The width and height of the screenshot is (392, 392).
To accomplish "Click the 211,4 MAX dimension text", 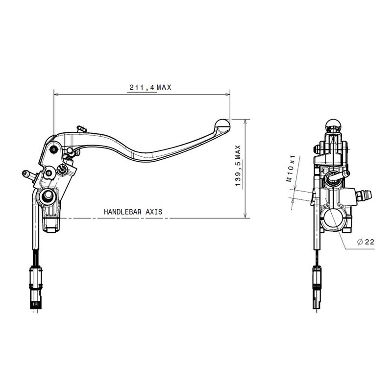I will pos(149,88).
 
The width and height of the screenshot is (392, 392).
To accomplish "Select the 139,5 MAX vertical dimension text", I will pos(238,165).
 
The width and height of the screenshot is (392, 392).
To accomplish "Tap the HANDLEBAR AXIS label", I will pos(133,213).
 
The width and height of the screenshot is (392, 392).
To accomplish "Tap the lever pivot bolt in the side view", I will pos(53,150).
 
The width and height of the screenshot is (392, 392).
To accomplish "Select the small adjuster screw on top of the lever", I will pos(82,129).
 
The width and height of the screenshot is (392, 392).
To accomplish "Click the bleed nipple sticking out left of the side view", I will pos(27,173).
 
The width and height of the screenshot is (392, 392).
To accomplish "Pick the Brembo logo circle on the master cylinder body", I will pos(62,169).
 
